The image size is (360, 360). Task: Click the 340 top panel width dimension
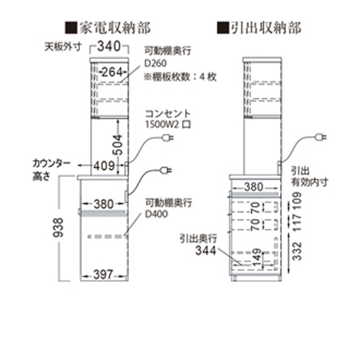(x=109, y=46)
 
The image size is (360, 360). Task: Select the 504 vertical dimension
(x=118, y=145)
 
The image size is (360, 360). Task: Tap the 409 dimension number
(x=104, y=166)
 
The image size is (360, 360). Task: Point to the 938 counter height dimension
(x=58, y=228)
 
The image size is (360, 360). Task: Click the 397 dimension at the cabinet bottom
(x=103, y=274)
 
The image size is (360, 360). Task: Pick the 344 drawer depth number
(x=206, y=251)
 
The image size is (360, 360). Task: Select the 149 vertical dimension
(x=256, y=257)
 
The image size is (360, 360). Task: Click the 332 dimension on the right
(x=297, y=251)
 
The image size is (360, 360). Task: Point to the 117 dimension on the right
(x=297, y=222)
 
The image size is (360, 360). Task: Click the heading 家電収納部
(x=115, y=27)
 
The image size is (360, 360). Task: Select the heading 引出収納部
(x=266, y=27)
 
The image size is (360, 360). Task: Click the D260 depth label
(x=156, y=63)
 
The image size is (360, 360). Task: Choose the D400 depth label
(x=156, y=214)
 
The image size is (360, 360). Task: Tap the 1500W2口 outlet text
(x=168, y=125)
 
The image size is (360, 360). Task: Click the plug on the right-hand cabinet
(x=320, y=138)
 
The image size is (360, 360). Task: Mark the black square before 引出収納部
(x=223, y=28)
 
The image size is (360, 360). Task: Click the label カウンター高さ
(x=51, y=170)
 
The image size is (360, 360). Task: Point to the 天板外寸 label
(x=63, y=47)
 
